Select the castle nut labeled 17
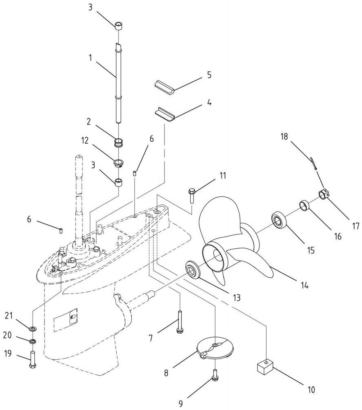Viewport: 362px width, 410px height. coord(323,194)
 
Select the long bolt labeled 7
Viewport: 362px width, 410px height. coord(180,322)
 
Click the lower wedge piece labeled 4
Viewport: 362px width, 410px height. coord(164,114)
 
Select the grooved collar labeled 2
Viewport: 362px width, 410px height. coord(119,143)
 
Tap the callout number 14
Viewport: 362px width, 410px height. coord(304,285)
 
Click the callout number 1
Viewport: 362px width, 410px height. coord(91,58)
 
